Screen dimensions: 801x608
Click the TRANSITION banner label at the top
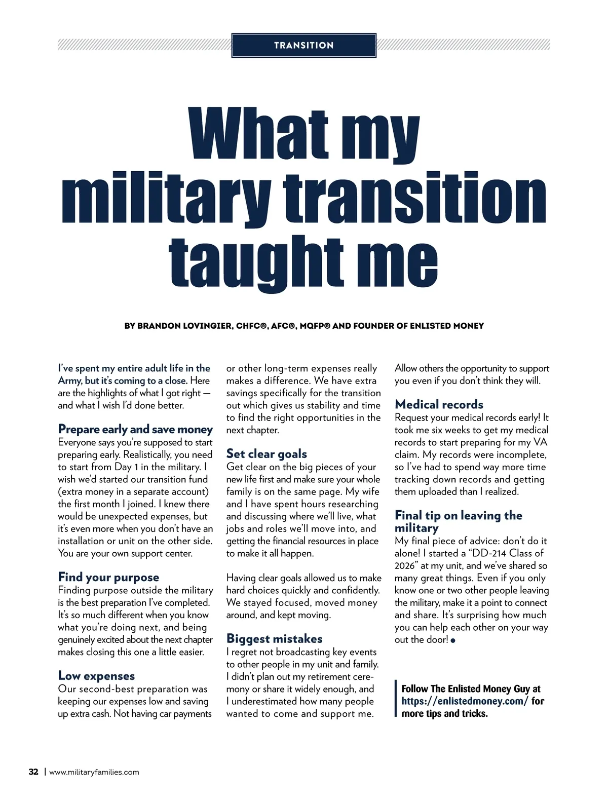[x=303, y=46]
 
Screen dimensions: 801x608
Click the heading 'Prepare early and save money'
[x=135, y=430]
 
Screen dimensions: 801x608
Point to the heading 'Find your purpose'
[x=108, y=578]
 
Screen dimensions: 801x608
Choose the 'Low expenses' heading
[x=96, y=676]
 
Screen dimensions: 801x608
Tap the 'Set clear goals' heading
[x=267, y=454]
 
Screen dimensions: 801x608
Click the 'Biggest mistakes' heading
[x=274, y=639]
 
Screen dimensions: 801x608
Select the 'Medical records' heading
[x=439, y=405]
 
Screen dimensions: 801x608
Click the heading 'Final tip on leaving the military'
[x=458, y=521]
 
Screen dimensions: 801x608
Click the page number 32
[x=33, y=772]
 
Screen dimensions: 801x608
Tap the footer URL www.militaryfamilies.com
[x=94, y=773]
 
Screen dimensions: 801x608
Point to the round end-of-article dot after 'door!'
[x=453, y=641]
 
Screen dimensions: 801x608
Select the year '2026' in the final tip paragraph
[x=405, y=566]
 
